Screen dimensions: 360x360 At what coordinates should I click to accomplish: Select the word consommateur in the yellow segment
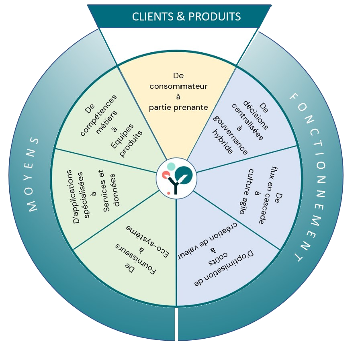coord(178,86)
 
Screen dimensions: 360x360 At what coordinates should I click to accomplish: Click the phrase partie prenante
coord(178,107)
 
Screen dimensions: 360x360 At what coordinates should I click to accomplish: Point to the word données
coord(117,189)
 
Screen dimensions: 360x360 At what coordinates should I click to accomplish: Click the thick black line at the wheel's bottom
coord(176,323)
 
